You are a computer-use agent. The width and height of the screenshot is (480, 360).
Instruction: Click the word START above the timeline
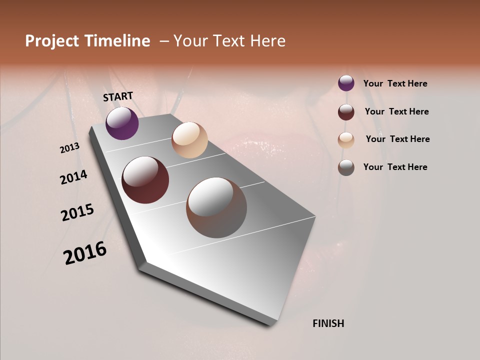(118, 96)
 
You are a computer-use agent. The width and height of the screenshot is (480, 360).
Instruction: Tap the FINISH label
(328, 323)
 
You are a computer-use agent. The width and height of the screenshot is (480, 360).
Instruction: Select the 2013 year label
(70, 147)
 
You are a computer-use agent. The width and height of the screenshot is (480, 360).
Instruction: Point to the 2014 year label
(73, 177)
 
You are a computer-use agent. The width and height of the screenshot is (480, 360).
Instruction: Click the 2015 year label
(77, 212)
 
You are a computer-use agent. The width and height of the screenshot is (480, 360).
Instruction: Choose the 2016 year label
(85, 253)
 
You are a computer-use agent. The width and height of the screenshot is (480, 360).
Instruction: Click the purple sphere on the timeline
(122, 123)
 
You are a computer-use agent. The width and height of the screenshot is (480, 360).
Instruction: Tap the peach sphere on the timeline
(189, 140)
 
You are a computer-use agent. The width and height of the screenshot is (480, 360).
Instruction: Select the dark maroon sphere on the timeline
(145, 180)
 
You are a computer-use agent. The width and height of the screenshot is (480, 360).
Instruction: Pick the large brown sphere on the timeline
(216, 207)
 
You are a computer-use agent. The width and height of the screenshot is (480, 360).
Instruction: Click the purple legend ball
(346, 83)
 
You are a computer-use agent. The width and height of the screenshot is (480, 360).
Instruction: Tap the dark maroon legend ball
(346, 112)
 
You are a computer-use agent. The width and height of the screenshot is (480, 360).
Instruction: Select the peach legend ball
(346, 140)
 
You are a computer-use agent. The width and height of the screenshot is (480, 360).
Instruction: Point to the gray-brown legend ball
(346, 167)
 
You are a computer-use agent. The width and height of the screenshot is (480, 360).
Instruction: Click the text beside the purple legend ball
(395, 83)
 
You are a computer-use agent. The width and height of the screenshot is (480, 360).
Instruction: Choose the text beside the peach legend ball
(397, 139)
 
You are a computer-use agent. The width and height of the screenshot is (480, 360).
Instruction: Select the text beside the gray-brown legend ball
(395, 167)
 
